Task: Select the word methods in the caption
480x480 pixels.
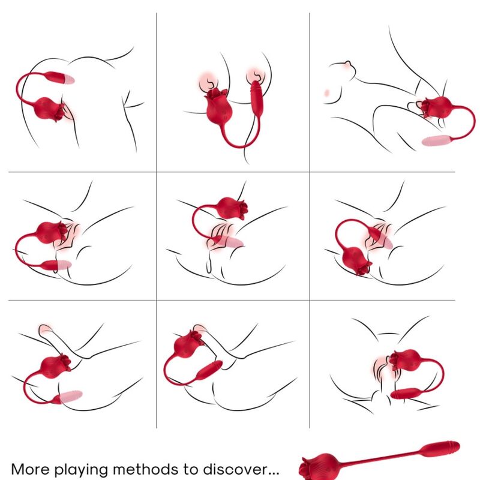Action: click(152, 468)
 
